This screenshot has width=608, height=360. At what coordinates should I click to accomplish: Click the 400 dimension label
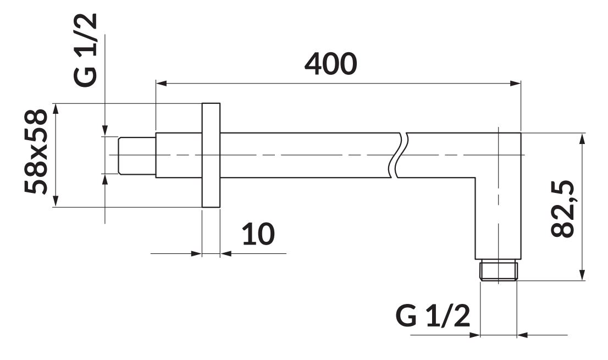click(331, 64)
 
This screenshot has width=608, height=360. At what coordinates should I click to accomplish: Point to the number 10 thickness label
click(258, 235)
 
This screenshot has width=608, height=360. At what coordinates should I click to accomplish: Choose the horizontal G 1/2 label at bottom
click(433, 317)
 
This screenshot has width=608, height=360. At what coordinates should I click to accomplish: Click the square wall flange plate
click(211, 156)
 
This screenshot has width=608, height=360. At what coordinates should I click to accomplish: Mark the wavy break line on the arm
click(400, 156)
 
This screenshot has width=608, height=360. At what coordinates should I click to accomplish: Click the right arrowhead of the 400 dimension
click(516, 84)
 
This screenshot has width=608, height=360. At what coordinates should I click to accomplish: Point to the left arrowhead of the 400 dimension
click(162, 84)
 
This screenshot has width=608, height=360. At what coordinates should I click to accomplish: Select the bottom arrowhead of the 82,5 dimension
click(583, 276)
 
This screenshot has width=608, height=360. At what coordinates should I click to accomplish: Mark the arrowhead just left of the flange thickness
click(196, 253)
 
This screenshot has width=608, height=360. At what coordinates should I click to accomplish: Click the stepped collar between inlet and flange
click(178, 156)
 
